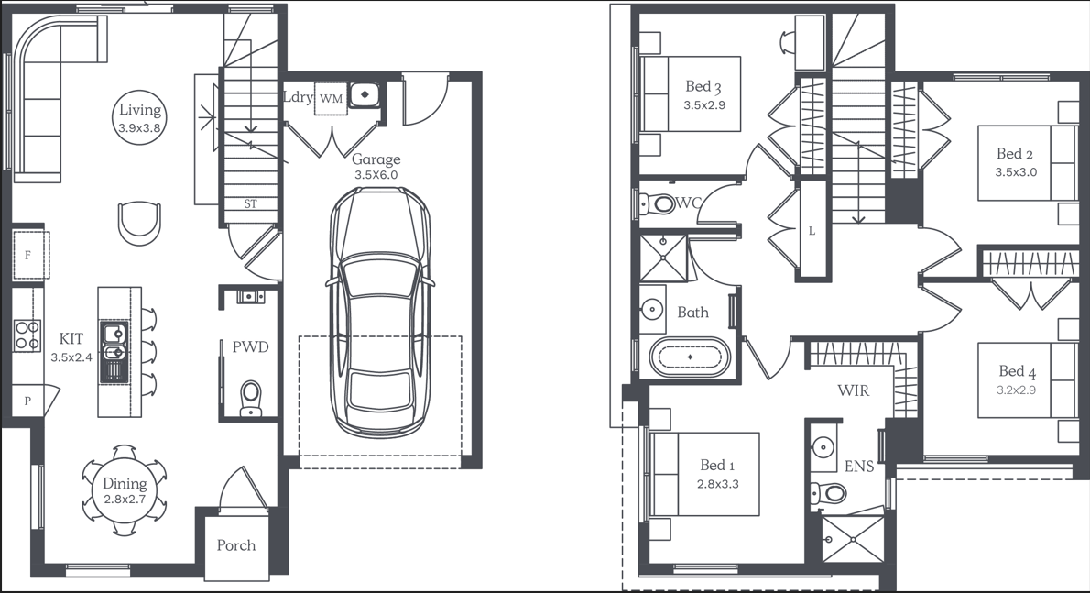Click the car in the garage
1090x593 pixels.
[378, 312]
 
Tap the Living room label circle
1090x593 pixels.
[140, 116]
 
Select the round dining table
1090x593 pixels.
[125, 491]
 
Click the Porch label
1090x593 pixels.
[236, 545]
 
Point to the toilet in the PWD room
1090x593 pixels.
[250, 399]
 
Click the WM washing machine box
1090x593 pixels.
[331, 99]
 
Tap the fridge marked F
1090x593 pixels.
[28, 255]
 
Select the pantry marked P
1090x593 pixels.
[27, 401]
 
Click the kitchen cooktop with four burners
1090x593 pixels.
[27, 335]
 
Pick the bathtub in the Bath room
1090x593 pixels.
[690, 357]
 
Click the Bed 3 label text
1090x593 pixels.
[703, 86]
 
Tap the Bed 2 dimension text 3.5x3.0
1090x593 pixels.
[1016, 171]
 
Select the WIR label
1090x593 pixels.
[853, 390]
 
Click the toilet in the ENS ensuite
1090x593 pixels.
[828, 493]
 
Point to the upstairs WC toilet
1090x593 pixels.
[656, 203]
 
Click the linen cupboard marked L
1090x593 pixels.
[812, 230]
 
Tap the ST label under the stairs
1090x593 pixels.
[250, 203]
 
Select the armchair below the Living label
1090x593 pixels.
[139, 223]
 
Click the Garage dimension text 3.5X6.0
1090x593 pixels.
[376, 174]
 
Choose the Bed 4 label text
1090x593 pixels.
[1017, 371]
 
